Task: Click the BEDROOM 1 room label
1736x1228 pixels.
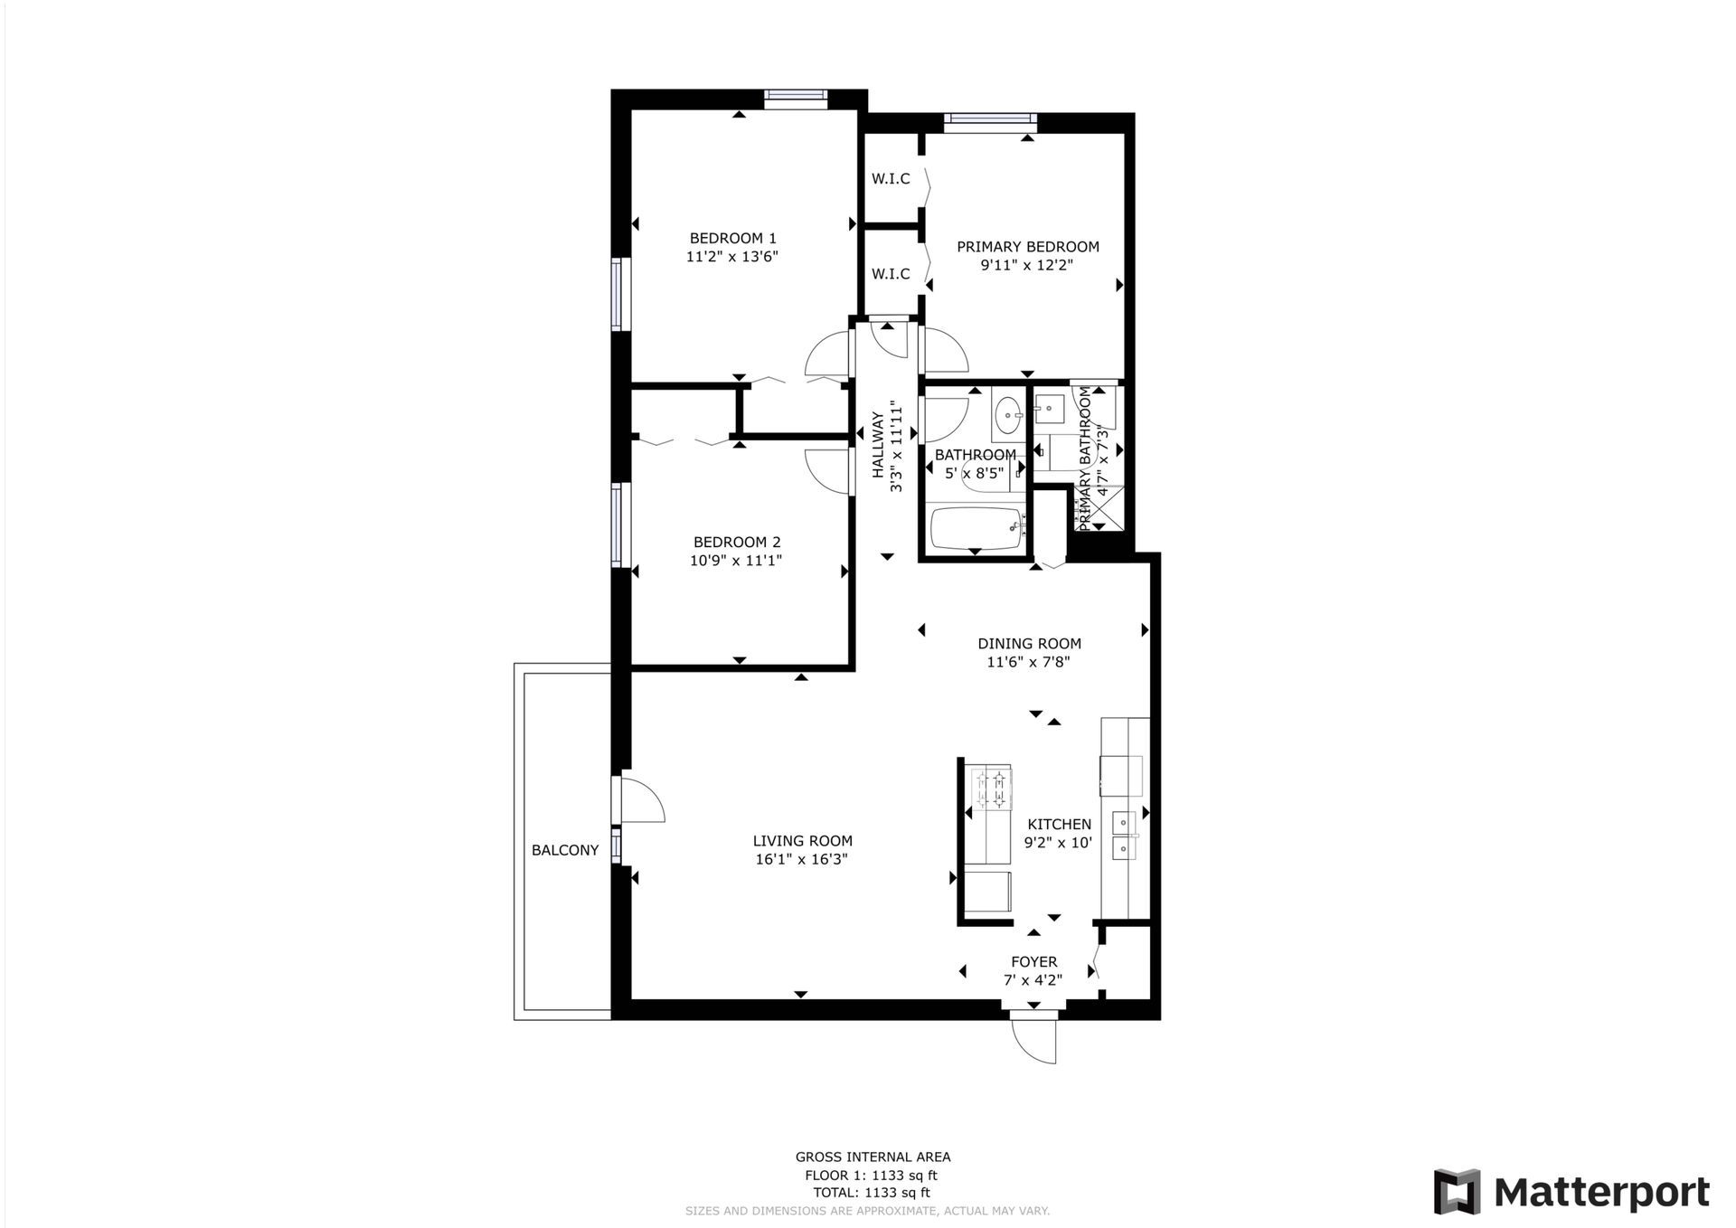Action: click(x=732, y=239)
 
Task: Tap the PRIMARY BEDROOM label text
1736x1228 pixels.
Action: click(x=1028, y=247)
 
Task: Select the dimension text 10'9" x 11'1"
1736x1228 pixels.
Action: click(x=736, y=561)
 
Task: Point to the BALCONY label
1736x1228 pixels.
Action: click(x=565, y=850)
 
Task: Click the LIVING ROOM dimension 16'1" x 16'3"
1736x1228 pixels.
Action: click(x=801, y=859)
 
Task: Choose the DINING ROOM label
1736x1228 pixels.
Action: click(x=1029, y=644)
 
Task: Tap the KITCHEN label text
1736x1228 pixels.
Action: click(x=1059, y=825)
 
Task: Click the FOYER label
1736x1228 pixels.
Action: click(x=1033, y=962)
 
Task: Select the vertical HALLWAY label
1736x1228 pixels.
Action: click(x=878, y=445)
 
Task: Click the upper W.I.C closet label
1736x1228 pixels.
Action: click(x=891, y=179)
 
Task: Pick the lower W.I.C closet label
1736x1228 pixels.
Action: click(x=891, y=274)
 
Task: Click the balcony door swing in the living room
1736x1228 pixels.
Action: click(x=639, y=799)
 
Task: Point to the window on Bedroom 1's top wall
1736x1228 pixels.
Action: click(x=796, y=99)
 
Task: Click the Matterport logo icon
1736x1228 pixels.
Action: click(x=1457, y=1192)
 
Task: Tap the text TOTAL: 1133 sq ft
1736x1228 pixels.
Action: click(x=872, y=1193)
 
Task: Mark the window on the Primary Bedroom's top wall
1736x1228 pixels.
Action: click(x=990, y=122)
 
